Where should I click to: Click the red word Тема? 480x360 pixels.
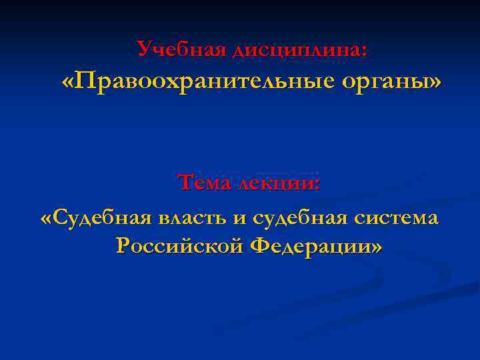pyautogui.click(x=202, y=182)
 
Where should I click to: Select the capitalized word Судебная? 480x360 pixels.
pyautogui.click(x=102, y=217)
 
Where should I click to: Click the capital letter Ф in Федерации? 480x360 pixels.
pyautogui.click(x=261, y=246)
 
